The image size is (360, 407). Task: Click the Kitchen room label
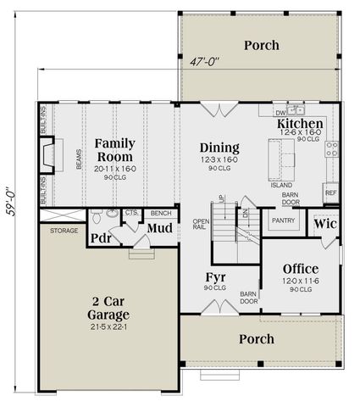click(x=299, y=125)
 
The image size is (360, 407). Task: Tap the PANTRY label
click(x=280, y=219)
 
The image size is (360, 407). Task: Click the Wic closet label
click(x=325, y=226)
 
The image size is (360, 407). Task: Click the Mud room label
click(x=159, y=228)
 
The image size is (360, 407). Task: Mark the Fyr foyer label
click(x=215, y=277)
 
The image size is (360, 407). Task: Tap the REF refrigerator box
click(x=331, y=193)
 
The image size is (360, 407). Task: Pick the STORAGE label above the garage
click(x=64, y=230)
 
